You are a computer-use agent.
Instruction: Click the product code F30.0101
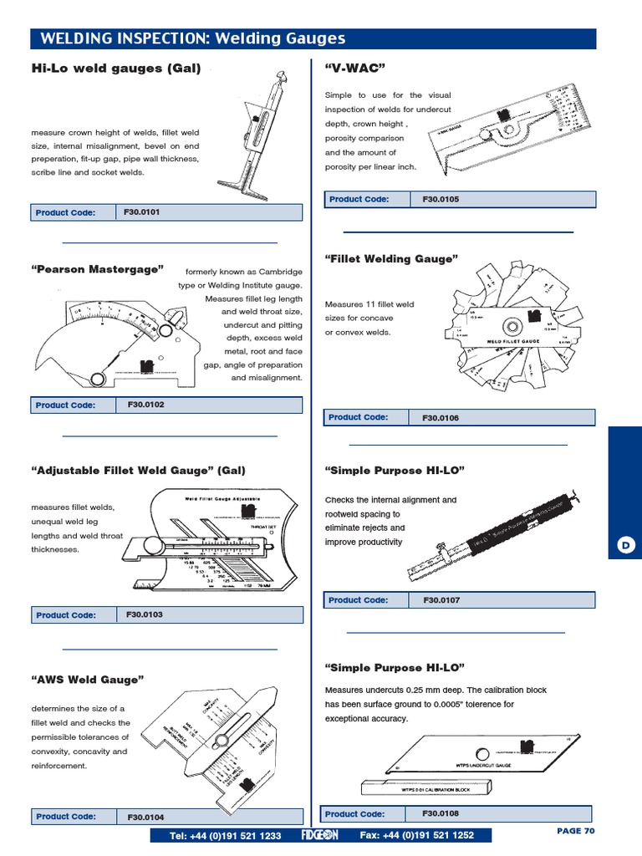141,212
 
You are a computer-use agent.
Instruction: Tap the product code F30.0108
441,813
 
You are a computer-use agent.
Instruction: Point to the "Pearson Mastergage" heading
97,269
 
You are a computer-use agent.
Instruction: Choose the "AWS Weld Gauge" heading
88,680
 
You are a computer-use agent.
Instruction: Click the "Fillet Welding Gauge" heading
391,259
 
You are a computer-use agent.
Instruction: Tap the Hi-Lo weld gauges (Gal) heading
116,69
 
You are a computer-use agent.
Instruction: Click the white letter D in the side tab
624,545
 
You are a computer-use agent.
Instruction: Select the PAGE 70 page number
575,831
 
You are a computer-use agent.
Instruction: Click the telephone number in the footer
226,835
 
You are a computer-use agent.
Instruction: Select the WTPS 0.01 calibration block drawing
428,787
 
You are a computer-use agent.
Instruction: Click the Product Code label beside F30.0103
65,615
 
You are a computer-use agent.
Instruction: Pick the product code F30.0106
441,417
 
